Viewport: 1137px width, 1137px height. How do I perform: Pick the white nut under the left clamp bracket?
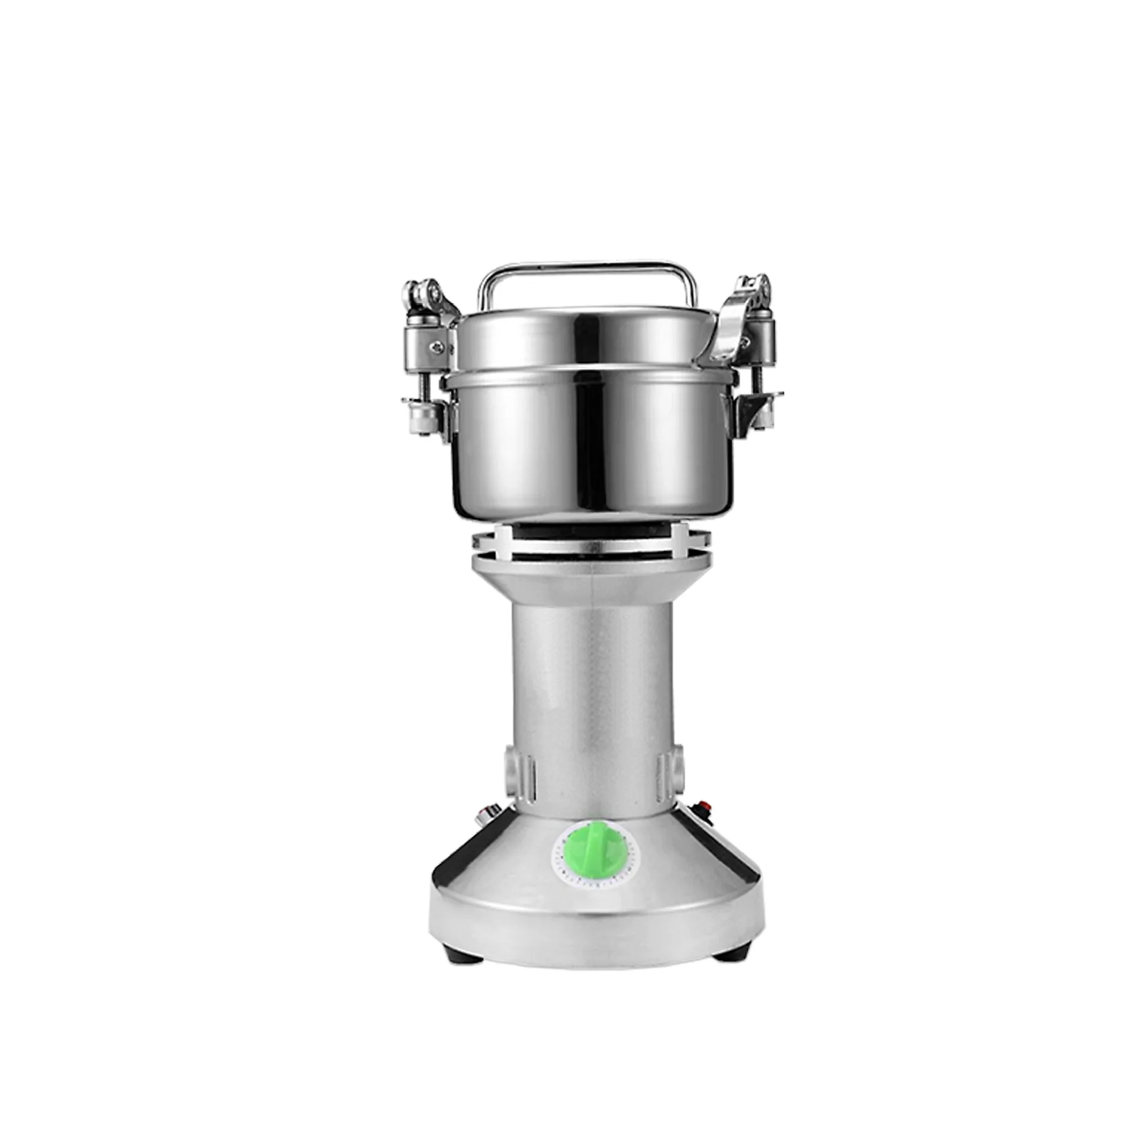(x=422, y=417)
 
